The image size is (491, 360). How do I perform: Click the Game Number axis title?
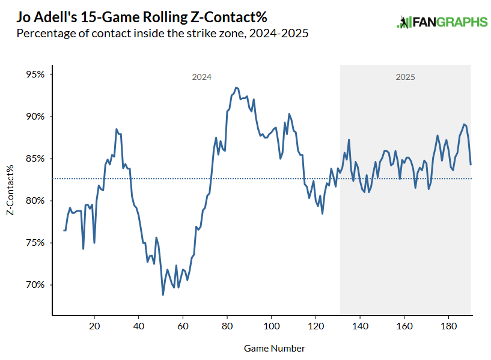tap(274, 349)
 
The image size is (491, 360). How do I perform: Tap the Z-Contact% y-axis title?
tap(10, 191)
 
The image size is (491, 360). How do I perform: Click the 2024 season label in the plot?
tap(202, 78)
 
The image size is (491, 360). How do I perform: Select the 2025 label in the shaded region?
tap(405, 78)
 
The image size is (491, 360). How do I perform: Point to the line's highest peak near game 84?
tap(236, 87)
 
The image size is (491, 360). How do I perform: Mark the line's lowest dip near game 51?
tap(163, 294)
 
